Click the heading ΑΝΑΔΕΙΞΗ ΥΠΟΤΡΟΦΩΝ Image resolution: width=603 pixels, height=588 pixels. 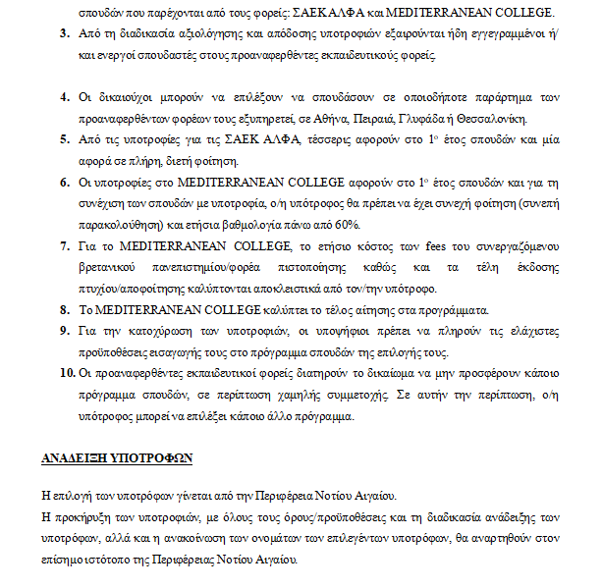(x=116, y=458)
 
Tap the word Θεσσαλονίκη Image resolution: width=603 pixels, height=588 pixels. (x=492, y=119)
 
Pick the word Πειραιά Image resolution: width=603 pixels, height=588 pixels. (x=379, y=119)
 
